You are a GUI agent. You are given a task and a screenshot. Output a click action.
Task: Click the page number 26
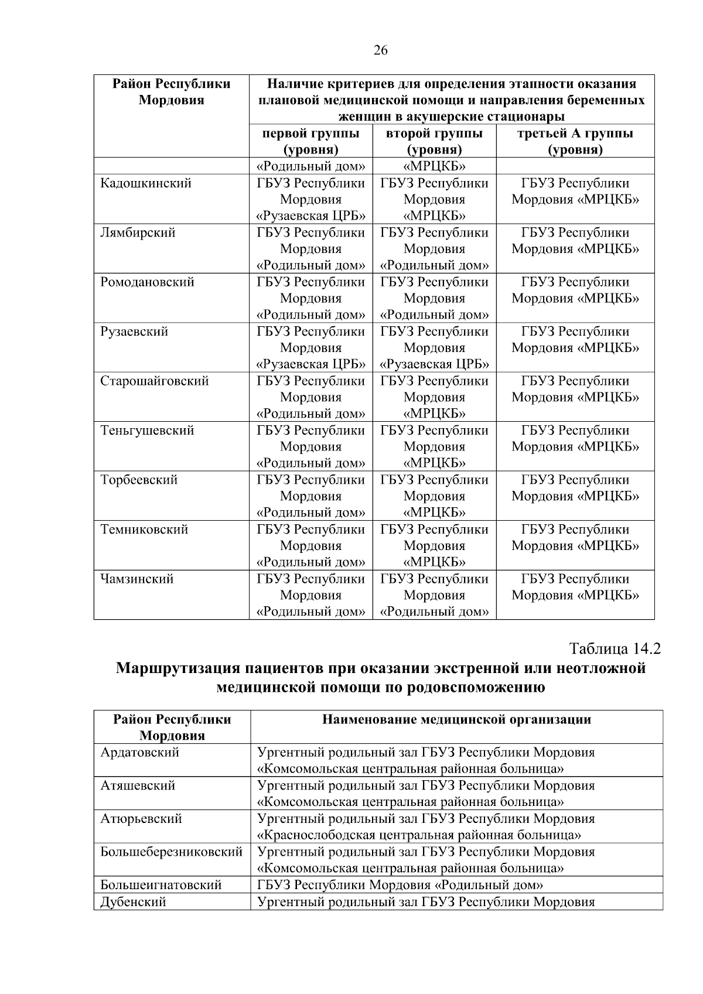point(380,50)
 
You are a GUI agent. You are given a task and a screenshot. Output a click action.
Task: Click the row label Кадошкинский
point(146,183)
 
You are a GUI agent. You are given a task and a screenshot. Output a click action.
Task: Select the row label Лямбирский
point(138,233)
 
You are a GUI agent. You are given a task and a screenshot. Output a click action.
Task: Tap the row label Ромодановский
point(147,282)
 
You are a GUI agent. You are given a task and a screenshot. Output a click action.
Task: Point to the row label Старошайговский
point(154,381)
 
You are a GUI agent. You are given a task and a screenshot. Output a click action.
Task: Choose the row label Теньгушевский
point(147,431)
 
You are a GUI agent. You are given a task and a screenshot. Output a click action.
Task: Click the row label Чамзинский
point(137,579)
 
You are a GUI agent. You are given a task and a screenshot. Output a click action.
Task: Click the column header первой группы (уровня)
point(310,141)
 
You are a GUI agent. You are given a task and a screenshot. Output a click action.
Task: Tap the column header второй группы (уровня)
point(434,141)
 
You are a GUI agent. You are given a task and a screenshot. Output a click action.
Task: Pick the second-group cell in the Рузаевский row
point(434,348)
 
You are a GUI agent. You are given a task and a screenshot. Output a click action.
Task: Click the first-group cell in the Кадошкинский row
point(310,199)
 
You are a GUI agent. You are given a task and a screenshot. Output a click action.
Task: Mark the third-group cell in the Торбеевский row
point(575,488)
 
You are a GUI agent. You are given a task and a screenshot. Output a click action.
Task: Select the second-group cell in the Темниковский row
point(434,546)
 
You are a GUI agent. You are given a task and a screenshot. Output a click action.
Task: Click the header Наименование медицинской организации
point(456,719)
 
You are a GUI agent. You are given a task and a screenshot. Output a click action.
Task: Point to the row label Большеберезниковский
point(171,852)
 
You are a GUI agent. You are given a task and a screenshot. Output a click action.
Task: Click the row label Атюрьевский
point(141,819)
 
